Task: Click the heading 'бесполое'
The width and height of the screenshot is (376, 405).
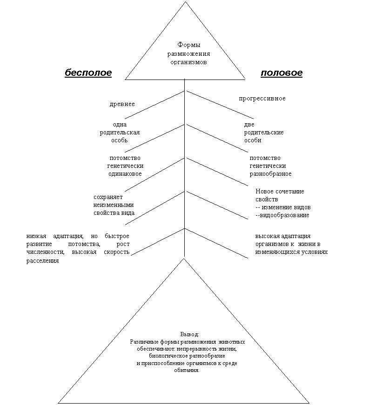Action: point(88,73)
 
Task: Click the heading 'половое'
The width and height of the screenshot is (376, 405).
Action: point(282,73)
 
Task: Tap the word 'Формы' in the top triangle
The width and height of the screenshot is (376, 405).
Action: point(188,45)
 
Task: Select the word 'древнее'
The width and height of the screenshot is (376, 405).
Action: point(122,104)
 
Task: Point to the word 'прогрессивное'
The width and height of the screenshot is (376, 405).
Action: point(262,99)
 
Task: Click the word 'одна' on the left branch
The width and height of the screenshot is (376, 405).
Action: point(120,125)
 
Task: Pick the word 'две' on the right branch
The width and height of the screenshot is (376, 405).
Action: point(249,125)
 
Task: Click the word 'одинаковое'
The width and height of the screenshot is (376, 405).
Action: point(125,174)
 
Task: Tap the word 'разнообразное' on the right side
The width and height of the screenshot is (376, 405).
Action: point(270,174)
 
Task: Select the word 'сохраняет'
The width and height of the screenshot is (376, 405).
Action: point(108,197)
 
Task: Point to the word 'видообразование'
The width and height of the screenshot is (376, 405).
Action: point(284,215)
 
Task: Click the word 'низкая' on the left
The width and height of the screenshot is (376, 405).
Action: point(36,236)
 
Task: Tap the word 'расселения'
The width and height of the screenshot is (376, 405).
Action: point(42,261)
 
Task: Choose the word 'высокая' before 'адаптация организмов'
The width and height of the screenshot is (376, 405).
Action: point(267,236)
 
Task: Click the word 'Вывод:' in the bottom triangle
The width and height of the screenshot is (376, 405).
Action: point(190,334)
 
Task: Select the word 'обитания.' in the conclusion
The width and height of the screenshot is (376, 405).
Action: point(187,370)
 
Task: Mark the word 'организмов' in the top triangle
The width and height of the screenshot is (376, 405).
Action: point(188,62)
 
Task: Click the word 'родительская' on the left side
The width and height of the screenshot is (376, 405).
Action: point(120,133)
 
